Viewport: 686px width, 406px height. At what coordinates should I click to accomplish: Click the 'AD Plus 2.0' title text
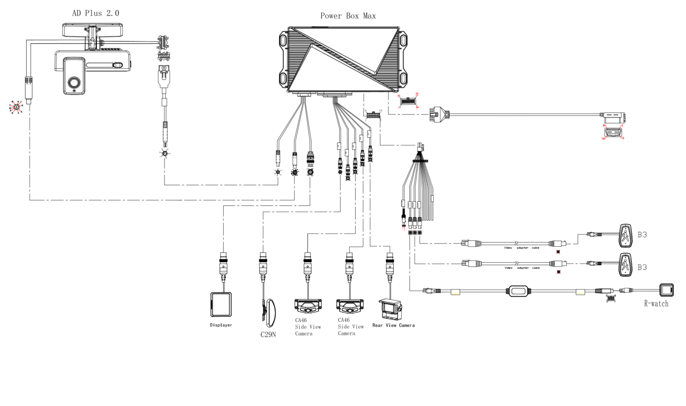[95, 13]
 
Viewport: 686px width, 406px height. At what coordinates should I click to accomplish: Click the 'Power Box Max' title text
[348, 16]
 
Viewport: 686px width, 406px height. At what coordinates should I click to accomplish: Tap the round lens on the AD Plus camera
[74, 83]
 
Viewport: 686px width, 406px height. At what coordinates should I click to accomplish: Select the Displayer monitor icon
[221, 304]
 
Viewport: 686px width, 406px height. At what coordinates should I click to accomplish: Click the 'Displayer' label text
[221, 325]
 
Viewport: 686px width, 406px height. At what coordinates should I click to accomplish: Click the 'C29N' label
[268, 335]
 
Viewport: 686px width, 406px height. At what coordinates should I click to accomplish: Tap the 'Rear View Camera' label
[393, 325]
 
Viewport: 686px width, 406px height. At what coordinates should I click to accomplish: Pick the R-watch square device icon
[666, 290]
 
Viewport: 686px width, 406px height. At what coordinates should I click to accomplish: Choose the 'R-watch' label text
[656, 304]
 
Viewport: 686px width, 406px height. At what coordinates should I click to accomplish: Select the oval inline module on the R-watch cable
[518, 291]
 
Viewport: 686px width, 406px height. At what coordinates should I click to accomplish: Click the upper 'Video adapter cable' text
[522, 248]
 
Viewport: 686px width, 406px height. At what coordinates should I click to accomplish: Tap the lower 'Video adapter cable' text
[522, 268]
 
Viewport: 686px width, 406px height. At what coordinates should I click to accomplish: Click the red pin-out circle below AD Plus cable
[16, 107]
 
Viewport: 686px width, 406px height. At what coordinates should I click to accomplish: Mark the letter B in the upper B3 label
[639, 234]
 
